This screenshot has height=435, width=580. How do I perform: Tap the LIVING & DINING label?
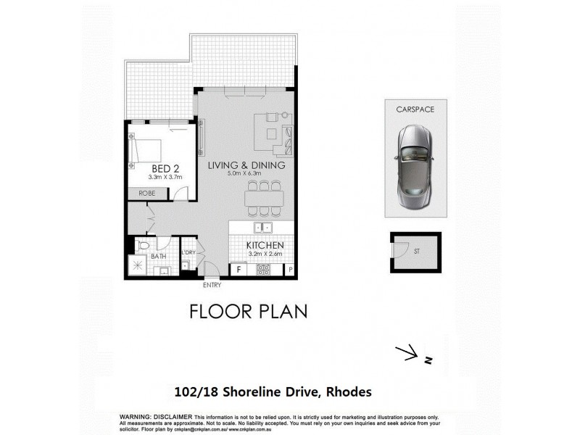pos(246,165)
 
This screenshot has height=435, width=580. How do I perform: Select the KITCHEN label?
pos(264,246)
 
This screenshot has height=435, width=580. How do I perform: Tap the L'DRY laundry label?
pos(188,252)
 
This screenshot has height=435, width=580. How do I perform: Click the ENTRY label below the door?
pos(212,285)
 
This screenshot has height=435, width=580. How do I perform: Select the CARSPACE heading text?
pos(415,109)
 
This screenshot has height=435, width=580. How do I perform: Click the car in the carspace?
pos(415,166)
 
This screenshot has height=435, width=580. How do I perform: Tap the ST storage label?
pos(415,253)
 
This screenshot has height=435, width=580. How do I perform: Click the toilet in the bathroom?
pos(144,246)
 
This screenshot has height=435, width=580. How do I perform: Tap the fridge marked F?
pos(239,270)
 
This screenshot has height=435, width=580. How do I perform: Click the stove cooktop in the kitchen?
pos(264,270)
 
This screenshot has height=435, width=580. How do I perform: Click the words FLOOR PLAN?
pos(248,311)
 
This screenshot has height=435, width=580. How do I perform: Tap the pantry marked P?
pos(290,270)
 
